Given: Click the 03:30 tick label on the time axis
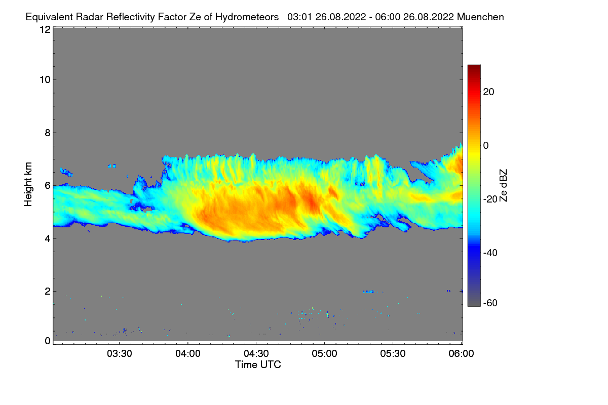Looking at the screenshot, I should point(120,354).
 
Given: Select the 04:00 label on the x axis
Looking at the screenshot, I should point(188,354).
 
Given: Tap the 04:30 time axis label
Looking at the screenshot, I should point(256,354).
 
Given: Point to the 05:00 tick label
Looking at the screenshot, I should point(325,354).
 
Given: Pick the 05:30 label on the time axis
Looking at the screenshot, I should point(393,354).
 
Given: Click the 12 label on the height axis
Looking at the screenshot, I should point(45,30).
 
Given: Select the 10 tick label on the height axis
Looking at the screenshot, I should point(45,79).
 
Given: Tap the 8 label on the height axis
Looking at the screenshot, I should point(47,133).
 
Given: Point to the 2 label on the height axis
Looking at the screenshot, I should point(47,291).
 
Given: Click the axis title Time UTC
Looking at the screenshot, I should point(258,364).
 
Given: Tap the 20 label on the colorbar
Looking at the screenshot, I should point(489,92).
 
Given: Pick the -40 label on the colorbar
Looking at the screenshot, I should point(490,253).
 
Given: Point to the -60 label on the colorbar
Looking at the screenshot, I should point(490,303).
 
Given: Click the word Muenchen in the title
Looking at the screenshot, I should point(480,17).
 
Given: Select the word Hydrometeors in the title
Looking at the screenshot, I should point(247,17).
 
